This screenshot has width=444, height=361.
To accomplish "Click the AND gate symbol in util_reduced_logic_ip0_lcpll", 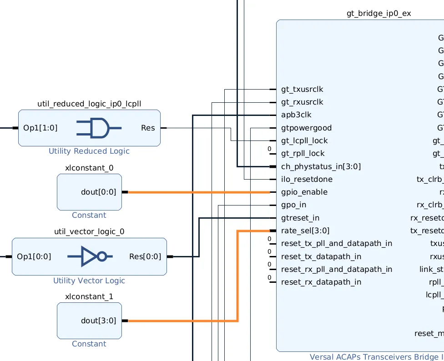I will coord(98,128).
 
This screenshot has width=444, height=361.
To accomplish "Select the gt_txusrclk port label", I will coord(302,89).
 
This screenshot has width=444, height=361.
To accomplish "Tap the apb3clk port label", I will coord(296,115).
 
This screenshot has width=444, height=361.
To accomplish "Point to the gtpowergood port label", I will coord(306,128).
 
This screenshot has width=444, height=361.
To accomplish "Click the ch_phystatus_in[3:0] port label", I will coord(321,166).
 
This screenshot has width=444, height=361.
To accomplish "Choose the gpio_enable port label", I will coord(304,192).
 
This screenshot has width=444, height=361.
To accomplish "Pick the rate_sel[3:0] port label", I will coord(305,231).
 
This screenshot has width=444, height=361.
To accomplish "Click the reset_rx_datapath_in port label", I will coord(321,282).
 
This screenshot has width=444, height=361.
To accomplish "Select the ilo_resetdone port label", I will coord(307,179).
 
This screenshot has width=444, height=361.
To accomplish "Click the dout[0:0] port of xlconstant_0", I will coord(98,192).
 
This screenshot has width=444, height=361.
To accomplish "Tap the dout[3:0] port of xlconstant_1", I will coord(98,321).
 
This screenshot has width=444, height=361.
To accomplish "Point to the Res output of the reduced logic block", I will coord(148,128).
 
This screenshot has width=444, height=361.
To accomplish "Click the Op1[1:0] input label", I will coord(40,128).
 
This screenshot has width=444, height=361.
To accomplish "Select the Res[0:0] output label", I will coord(145,256).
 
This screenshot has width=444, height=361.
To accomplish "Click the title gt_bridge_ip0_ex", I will coord(378,13).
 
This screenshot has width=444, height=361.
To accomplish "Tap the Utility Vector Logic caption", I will coord(89,281).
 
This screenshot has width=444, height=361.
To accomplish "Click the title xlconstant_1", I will coord(89,296).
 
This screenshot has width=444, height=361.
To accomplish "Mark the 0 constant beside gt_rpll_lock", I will coord(269,149).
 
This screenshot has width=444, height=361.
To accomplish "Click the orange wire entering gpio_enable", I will coord(200,192).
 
